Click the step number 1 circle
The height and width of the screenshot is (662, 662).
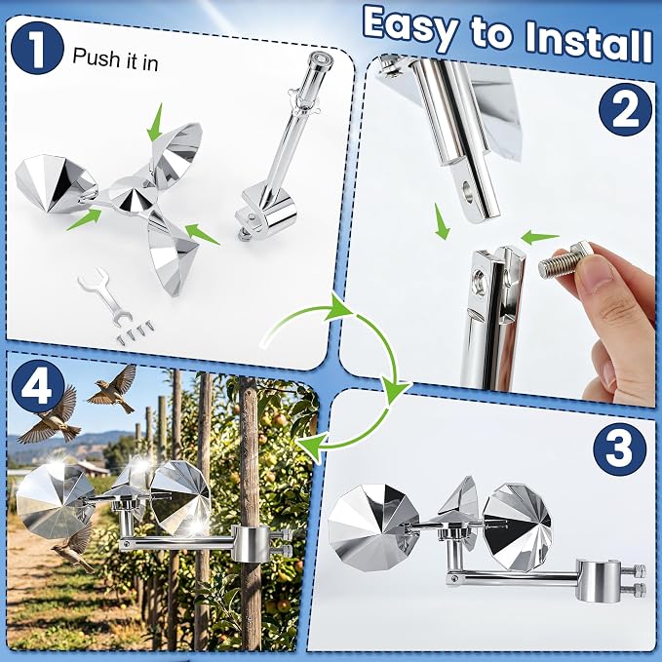click(x=37, y=47)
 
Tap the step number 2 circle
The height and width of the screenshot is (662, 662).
click(x=625, y=109)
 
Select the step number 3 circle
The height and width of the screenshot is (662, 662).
click(x=619, y=448)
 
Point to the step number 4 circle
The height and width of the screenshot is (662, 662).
click(x=38, y=388)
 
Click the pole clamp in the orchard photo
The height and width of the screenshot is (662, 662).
click(x=252, y=544)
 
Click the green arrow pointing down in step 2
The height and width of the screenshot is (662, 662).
click(x=442, y=221)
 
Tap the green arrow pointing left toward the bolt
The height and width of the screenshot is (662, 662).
click(x=539, y=237)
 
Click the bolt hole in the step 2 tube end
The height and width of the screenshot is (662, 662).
click(x=468, y=191)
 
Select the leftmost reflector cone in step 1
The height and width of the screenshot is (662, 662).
click(x=54, y=184)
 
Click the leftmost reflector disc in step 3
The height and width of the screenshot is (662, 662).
click(x=373, y=527)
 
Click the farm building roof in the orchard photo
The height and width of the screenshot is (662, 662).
click(x=90, y=466)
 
